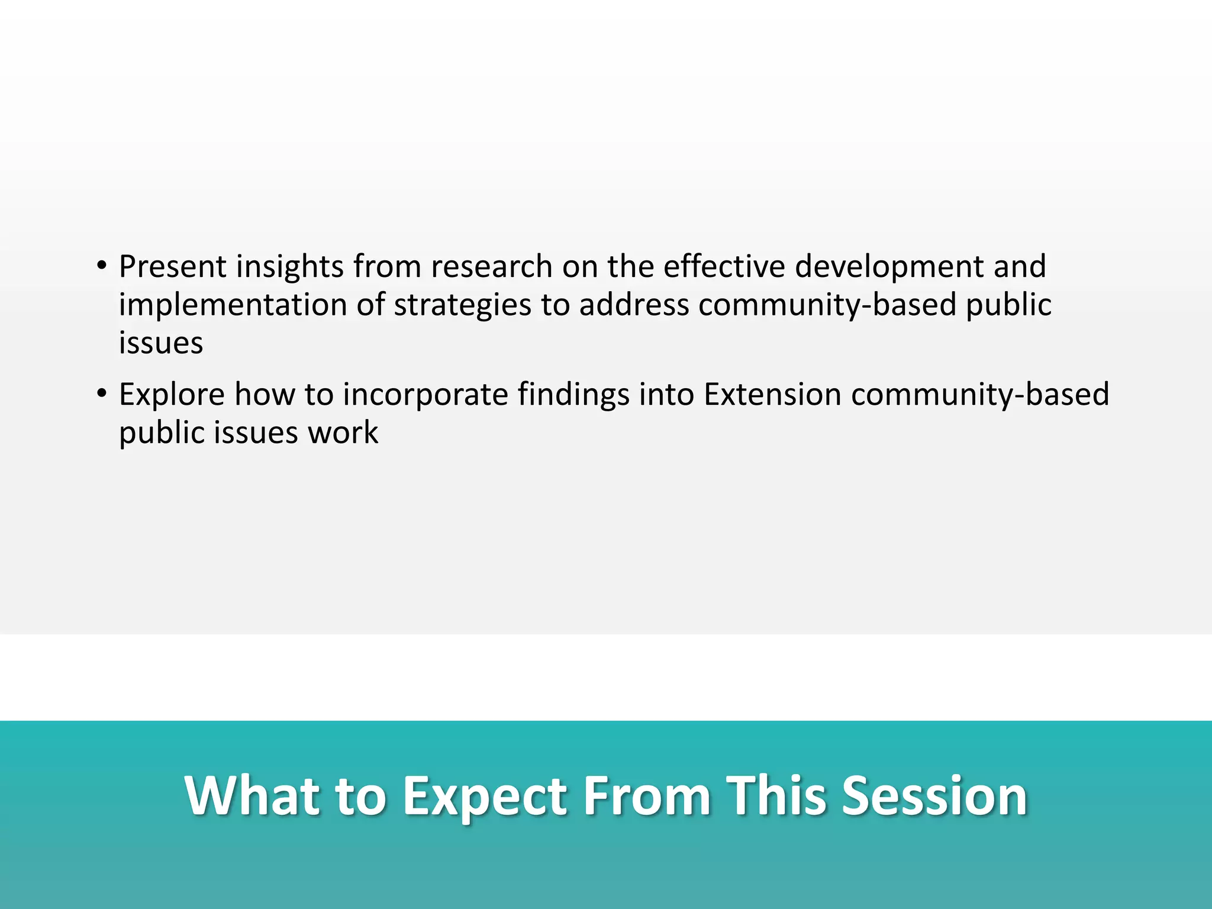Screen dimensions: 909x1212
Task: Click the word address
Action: tap(634, 305)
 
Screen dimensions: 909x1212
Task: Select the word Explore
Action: tap(172, 395)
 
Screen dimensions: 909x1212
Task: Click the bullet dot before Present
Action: tap(102, 266)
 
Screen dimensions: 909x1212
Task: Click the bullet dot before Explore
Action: tap(102, 394)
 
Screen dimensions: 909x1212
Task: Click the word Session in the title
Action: tap(934, 796)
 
